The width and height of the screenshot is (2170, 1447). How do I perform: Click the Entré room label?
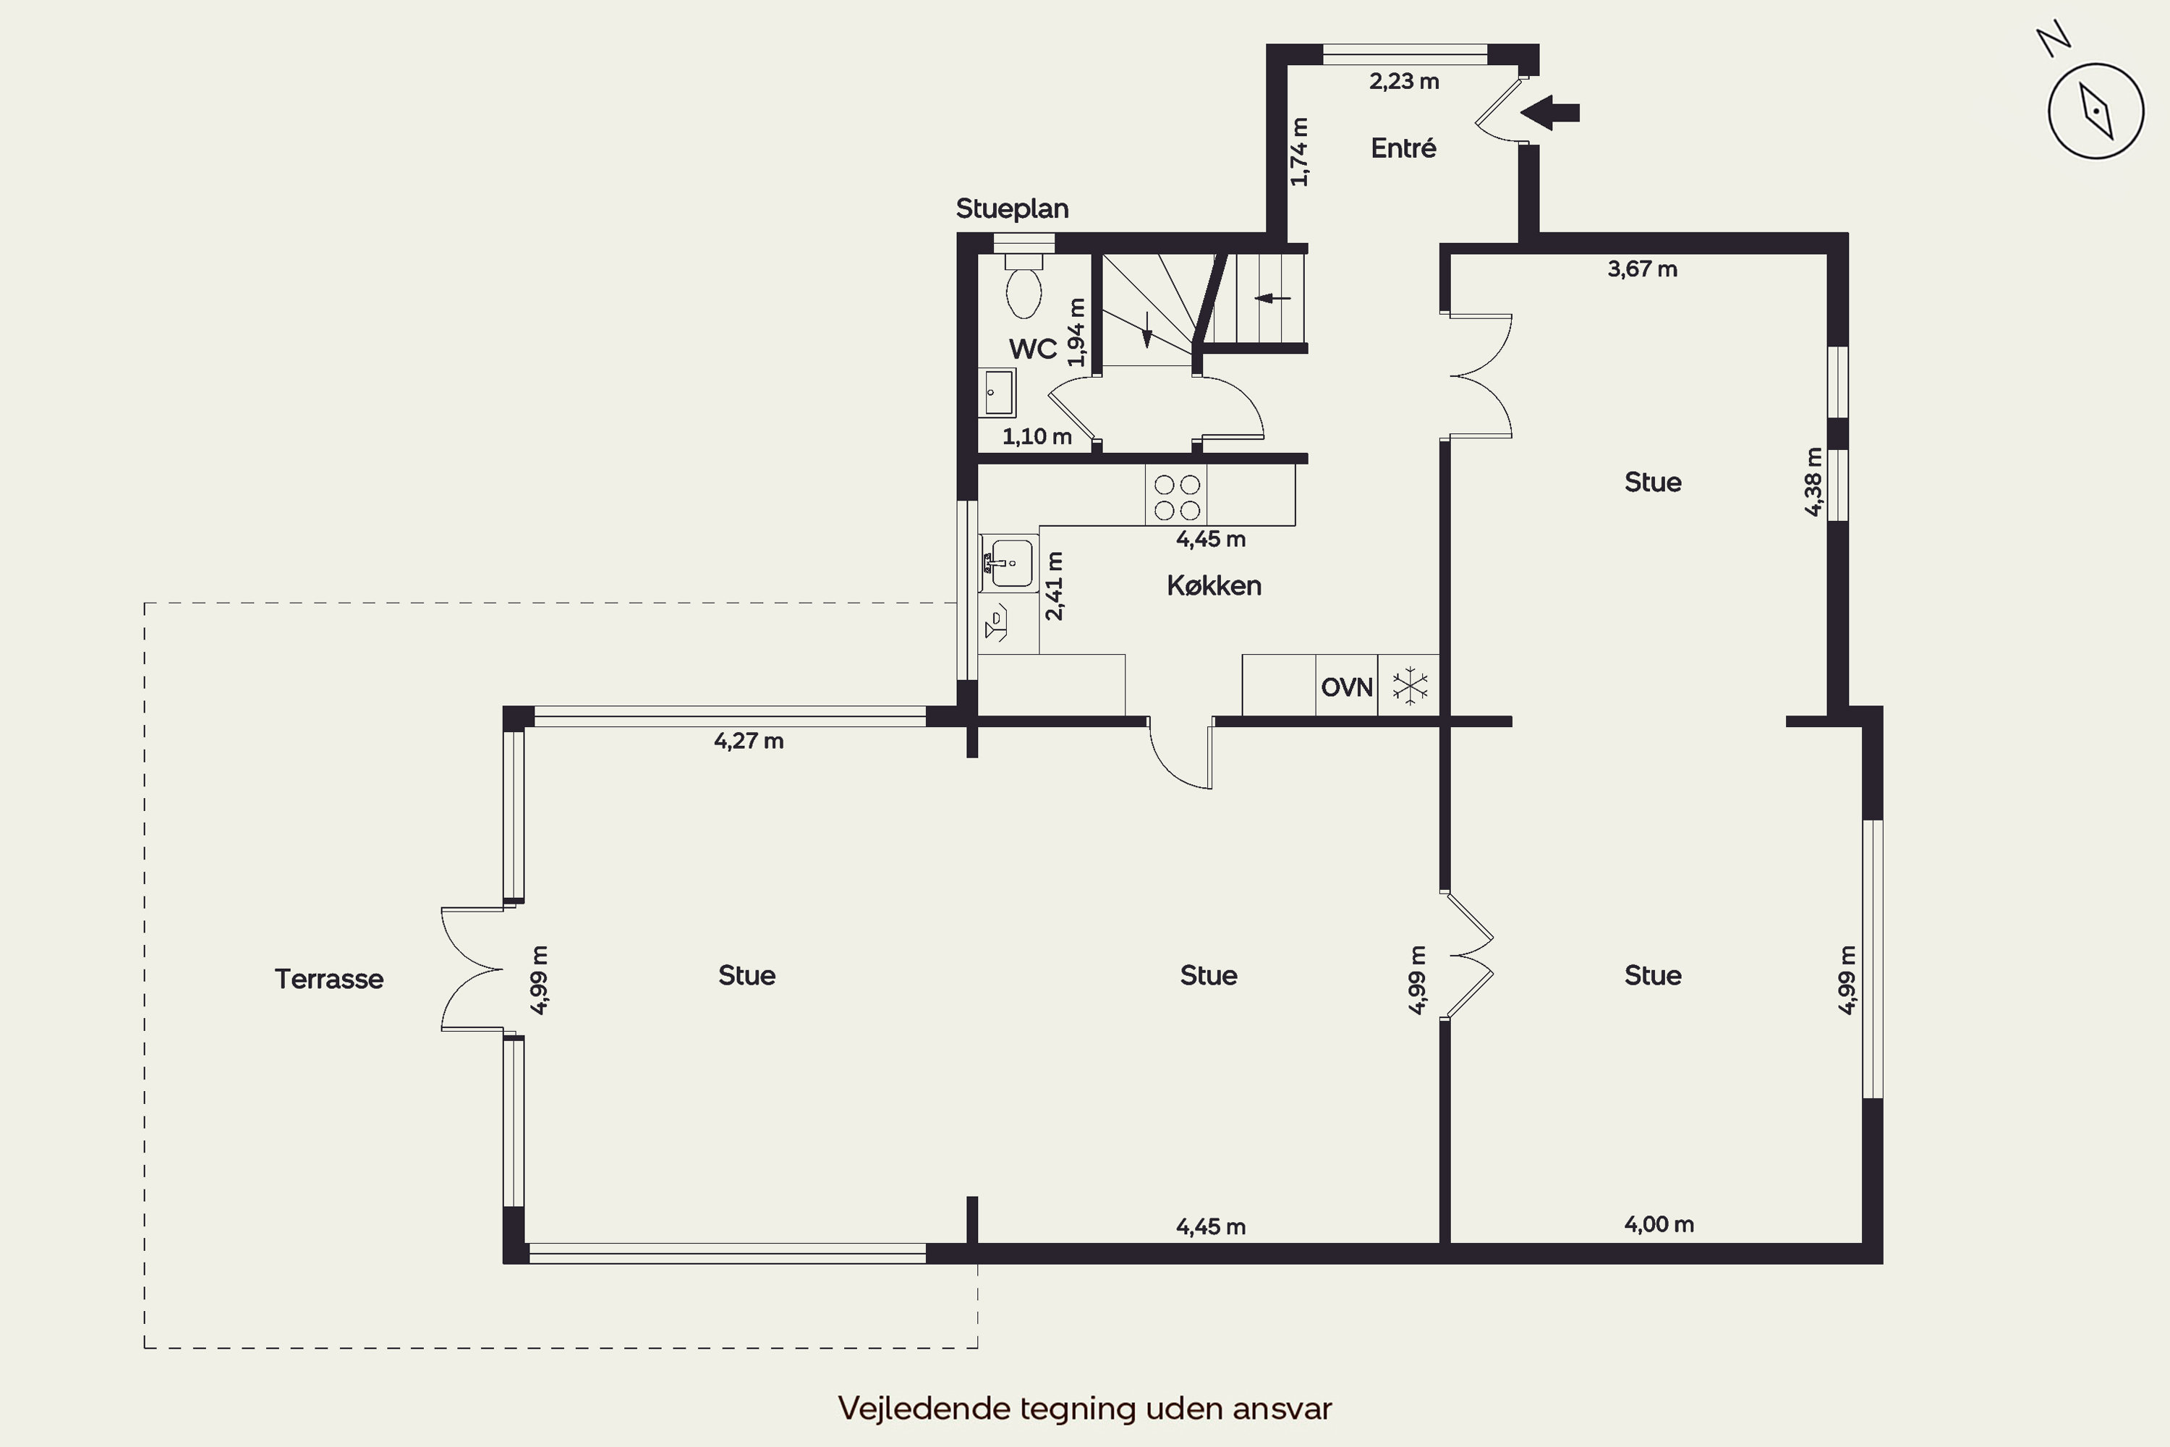(1403, 148)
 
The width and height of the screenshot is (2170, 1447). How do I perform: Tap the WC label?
(1032, 349)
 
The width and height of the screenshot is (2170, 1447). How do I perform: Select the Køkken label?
(1213, 585)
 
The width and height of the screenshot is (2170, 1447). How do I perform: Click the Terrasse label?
(328, 978)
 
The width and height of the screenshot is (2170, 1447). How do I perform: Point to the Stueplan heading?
(1011, 208)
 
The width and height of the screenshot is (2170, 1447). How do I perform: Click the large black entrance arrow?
(1550, 113)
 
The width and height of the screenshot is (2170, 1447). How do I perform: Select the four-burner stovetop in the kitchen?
(1176, 496)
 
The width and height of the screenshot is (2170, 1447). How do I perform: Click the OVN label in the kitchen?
(1346, 687)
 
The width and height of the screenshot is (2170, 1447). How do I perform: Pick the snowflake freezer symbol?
(1410, 686)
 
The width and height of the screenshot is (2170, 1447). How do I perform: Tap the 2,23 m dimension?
(1403, 81)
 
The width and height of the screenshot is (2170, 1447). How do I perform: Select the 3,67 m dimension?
(1642, 269)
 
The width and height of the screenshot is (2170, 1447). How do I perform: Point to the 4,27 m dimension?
(748, 741)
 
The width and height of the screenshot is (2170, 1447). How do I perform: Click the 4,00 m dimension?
(1659, 1225)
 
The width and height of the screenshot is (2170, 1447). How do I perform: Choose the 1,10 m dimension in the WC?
(1037, 436)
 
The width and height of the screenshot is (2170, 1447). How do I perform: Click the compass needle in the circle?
(2096, 111)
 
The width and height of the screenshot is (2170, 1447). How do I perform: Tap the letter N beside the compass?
(2054, 41)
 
